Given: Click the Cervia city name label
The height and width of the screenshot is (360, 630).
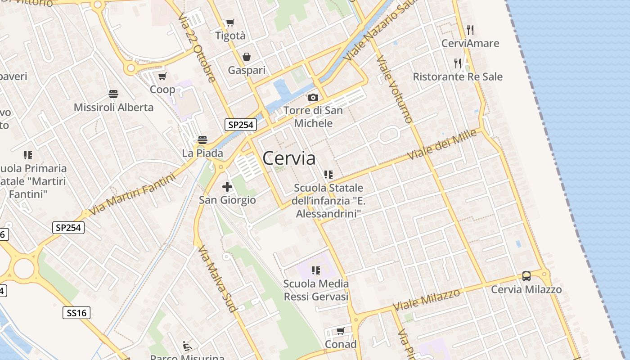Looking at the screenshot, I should [x=289, y=158].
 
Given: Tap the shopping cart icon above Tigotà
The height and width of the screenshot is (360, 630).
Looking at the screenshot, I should [x=230, y=22].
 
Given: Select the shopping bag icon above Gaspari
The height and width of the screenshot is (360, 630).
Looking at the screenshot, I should [x=247, y=57].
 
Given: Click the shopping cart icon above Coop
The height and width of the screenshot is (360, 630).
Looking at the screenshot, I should [x=162, y=76].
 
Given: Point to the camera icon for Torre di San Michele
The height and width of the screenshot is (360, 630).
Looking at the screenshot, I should [x=313, y=97].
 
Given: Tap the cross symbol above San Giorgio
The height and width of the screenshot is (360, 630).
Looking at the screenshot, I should [x=227, y=186].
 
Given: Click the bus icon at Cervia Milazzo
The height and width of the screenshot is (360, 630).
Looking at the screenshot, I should [x=526, y=276].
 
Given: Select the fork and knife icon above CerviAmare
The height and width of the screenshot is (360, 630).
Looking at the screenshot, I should [x=470, y=30].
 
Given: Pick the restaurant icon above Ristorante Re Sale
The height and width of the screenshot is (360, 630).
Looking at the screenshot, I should [x=458, y=63].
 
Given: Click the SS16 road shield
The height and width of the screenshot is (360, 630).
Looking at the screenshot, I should [x=76, y=313].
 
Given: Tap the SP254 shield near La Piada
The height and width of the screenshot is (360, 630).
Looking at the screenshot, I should [x=241, y=125].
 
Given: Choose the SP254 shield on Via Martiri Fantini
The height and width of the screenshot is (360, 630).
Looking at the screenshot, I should [x=69, y=228].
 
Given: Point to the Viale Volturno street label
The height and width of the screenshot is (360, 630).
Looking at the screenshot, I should [x=395, y=89].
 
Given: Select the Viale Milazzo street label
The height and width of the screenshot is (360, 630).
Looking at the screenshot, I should [x=427, y=300].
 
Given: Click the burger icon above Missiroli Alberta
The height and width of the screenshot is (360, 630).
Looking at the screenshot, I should [x=113, y=94].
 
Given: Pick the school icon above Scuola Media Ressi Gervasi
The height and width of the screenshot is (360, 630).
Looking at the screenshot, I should [x=316, y=270].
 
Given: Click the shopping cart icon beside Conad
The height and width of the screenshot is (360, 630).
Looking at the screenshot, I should [x=341, y=331].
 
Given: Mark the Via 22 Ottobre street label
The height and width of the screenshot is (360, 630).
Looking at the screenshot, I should [x=197, y=47].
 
